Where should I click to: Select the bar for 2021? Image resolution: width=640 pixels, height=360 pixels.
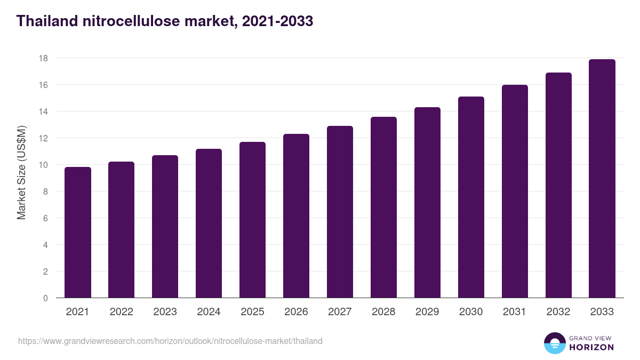coord(78,233)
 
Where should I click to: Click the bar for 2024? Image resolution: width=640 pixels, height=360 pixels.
coord(209,223)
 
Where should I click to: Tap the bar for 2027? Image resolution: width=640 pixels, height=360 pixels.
coord(340,212)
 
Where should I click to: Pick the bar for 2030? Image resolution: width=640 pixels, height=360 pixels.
coord(471,197)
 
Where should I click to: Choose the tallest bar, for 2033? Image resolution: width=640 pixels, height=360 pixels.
coord(602,179)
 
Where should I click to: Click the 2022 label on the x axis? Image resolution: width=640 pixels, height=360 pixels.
coord(121,312)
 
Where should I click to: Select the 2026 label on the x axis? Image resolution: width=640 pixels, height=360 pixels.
coord(296,312)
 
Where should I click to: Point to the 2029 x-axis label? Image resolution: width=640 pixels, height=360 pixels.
coord(427,312)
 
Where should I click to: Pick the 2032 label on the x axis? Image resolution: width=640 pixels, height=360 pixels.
coord(558,312)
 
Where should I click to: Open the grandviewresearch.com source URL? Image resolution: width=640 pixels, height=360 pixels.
coord(170,341)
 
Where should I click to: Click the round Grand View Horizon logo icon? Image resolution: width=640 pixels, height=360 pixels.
coord(555,343)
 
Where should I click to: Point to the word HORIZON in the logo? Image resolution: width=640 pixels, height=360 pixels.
coord(591,347)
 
